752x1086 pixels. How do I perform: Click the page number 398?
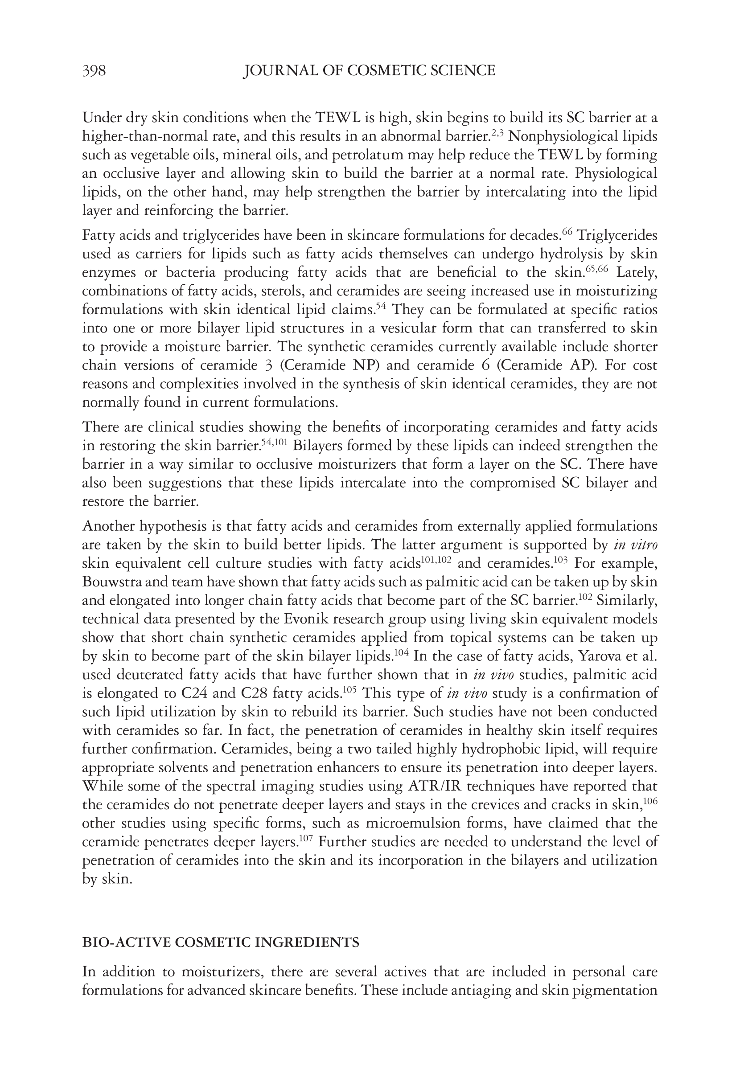tap(94, 71)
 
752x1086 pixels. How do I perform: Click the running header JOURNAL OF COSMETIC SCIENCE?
tap(369, 71)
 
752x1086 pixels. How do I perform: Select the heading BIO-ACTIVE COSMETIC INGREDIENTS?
tap(221, 942)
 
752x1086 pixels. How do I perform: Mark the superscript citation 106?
tap(650, 801)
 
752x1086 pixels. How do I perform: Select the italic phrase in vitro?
tap(636, 545)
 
